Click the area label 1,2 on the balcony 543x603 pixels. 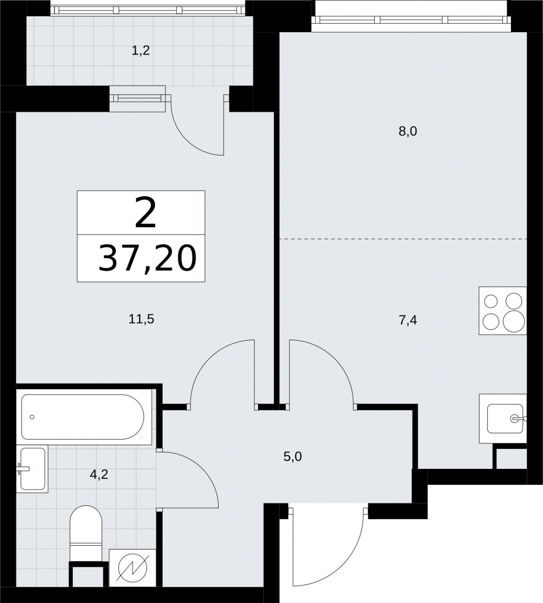pyautogui.click(x=141, y=51)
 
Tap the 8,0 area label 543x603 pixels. pyautogui.click(x=408, y=132)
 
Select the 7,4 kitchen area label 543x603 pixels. pyautogui.click(x=408, y=320)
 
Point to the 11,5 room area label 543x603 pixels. pyautogui.click(x=141, y=320)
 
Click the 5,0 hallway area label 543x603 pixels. pyautogui.click(x=293, y=457)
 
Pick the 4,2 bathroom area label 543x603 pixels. pyautogui.click(x=99, y=474)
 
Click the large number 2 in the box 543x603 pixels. pyautogui.click(x=145, y=214)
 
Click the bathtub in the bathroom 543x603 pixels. pyautogui.click(x=83, y=417)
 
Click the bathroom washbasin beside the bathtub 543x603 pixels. pyautogui.click(x=32, y=469)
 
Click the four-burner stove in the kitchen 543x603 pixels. pyautogui.click(x=503, y=311)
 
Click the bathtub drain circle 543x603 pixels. pyautogui.click(x=32, y=417)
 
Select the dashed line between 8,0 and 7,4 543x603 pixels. pyautogui.click(x=403, y=239)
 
